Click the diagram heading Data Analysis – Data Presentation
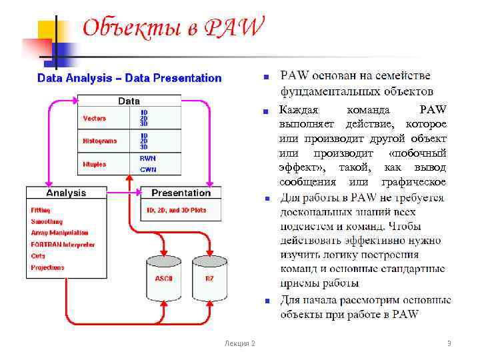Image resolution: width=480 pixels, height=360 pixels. pos(129,78)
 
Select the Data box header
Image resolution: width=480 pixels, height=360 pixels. pos(129,101)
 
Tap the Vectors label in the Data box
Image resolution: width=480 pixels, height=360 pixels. pos(94,118)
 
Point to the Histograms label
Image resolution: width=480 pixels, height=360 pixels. pos(99,141)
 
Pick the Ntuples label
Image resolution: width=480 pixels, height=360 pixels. pos(94,163)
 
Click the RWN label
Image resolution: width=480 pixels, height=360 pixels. pos(147,158)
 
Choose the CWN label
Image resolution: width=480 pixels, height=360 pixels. pos(147,169)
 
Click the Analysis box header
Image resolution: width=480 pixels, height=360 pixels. pos(65,193)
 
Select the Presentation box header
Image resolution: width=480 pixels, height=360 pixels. pos(181,193)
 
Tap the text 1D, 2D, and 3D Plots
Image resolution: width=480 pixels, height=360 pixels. pos(177,210)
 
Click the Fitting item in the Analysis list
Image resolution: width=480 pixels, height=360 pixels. pos(41,210)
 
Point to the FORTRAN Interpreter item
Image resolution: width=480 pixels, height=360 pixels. pos(63,245)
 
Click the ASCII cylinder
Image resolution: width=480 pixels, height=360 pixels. pos(164,277)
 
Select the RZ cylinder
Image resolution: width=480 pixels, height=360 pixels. pos(209,277)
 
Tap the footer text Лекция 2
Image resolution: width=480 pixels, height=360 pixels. pos(240,343)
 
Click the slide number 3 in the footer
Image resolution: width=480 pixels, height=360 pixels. pos(449,343)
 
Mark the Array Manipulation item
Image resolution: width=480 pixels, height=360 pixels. pos(59,233)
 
